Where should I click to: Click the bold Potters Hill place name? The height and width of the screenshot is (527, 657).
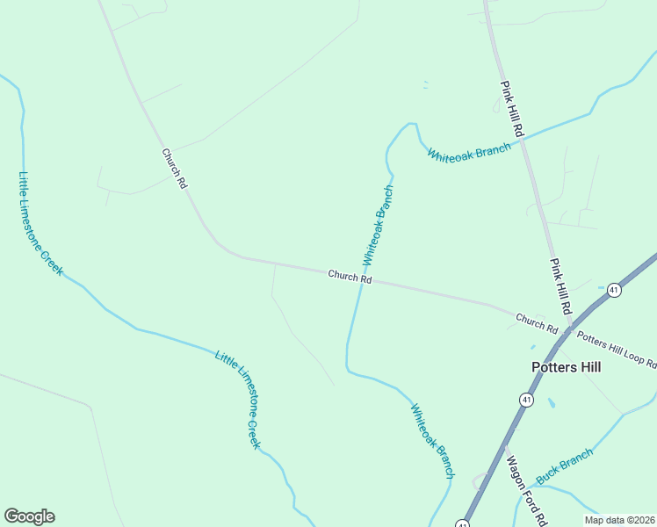(x=567, y=367)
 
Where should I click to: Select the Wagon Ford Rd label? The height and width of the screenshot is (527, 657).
(x=525, y=492)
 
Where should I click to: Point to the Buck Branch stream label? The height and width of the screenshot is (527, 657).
(x=564, y=466)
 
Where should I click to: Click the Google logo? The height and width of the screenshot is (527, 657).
(x=29, y=516)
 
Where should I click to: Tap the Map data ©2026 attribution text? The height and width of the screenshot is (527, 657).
(x=619, y=520)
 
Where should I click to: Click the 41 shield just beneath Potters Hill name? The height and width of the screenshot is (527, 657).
(x=526, y=400)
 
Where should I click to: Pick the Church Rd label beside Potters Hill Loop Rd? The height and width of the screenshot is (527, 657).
(x=537, y=323)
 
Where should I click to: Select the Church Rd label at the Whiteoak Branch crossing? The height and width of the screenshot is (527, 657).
(x=350, y=277)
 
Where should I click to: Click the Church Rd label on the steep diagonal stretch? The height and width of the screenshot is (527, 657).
(x=175, y=169)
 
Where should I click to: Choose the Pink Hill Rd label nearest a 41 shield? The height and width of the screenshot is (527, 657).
(x=561, y=286)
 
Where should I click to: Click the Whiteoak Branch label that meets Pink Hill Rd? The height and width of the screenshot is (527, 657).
(x=469, y=151)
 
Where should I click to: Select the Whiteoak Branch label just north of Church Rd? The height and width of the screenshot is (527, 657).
(x=378, y=226)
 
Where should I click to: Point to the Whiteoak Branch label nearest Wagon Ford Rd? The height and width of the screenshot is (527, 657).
(x=432, y=440)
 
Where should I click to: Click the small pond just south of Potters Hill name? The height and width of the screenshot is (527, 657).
(x=551, y=404)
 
